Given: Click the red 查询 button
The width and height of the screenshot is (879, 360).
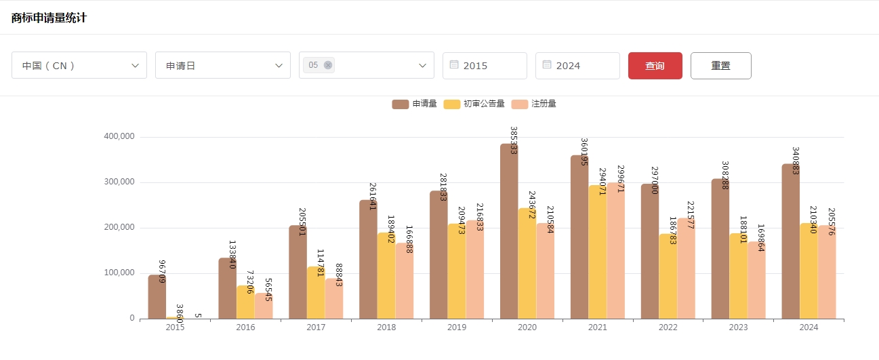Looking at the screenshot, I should tap(655, 66).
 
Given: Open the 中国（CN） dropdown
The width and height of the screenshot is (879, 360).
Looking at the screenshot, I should tap(79, 66).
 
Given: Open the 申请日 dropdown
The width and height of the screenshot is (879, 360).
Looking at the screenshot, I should tap(222, 66).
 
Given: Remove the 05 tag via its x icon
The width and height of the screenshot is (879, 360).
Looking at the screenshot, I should tap(328, 65).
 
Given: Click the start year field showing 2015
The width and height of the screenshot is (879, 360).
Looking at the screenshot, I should tap(485, 66).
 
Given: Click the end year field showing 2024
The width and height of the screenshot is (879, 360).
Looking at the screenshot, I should tap(577, 66).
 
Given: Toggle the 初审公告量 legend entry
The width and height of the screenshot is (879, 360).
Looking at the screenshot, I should tap(474, 104).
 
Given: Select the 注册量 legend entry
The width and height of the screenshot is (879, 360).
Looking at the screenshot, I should tap(534, 104).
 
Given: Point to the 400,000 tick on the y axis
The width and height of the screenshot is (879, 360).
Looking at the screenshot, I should tap(119, 136).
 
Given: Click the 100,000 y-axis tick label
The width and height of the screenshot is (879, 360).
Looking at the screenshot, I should tap(119, 273).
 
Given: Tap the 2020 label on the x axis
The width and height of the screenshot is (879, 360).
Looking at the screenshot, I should tap(527, 327).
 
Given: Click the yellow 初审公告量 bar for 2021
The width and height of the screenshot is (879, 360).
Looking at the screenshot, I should tap(597, 258).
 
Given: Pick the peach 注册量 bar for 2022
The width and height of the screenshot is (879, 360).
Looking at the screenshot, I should tap(686, 271).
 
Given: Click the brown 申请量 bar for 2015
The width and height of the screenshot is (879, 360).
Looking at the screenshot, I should tap(157, 298).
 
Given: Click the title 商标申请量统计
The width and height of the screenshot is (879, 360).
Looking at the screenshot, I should tap(49, 18).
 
